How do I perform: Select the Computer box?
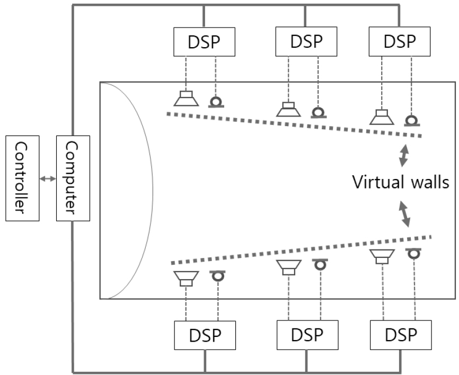tap(73, 178)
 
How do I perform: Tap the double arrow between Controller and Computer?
tap(48, 179)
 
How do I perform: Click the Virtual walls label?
tap(401, 183)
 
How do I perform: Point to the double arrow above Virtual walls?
tap(404, 156)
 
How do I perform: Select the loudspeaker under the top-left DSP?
tap(186, 99)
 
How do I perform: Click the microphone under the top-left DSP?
tap(217, 102)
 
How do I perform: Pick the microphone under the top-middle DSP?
tap(317, 112)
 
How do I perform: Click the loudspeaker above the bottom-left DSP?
tap(186, 278)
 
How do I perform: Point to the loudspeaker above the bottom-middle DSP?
tap(289, 267)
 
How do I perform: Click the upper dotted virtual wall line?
tap(294, 125)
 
